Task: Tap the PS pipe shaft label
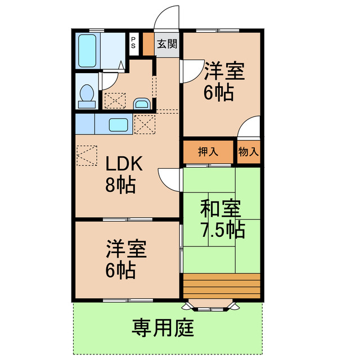pos(133,43)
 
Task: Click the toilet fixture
pos(87,96)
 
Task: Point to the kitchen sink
pos(119,124)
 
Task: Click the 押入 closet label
pos(208,151)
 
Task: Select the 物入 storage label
pos(248,151)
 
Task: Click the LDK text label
pos(126,164)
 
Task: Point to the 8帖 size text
pos(120,185)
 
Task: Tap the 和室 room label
pos(221,209)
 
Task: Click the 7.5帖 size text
pos(223,229)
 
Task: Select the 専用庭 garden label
pos(163,327)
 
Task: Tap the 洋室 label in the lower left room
pos(127,249)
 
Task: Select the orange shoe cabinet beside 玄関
pos(147,44)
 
